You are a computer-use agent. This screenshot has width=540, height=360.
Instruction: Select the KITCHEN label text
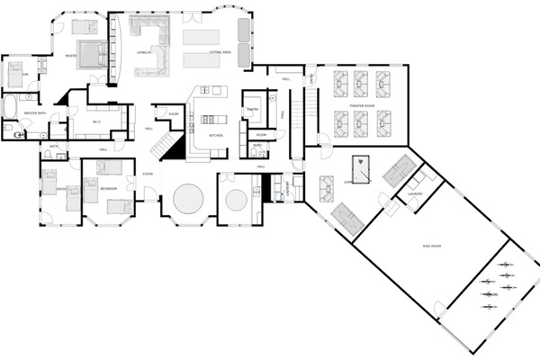click(216, 135)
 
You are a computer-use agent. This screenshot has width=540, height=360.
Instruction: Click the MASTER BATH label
click(22, 113)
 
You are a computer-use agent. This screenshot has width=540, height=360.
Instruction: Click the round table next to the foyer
click(188, 198)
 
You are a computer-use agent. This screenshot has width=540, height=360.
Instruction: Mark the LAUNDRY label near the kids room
click(415, 193)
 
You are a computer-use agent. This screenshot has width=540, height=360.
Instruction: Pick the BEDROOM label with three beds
click(107, 190)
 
